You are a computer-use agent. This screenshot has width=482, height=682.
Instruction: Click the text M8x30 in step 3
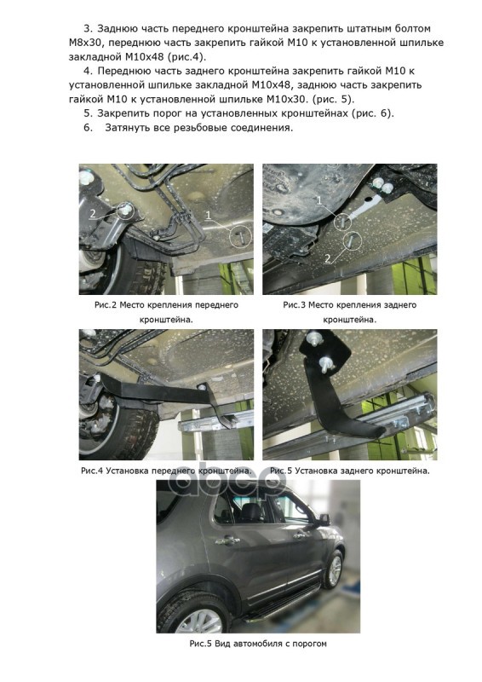84,43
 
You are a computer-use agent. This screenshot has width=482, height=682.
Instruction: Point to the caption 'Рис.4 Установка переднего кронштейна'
166,471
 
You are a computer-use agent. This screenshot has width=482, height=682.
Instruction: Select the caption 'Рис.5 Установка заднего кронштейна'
349,471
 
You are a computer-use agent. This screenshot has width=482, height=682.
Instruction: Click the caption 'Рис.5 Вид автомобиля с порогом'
258,644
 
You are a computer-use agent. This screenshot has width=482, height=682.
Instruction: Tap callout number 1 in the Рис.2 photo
208,215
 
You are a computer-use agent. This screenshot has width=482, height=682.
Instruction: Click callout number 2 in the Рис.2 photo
93,213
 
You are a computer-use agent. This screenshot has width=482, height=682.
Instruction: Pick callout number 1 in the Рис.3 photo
318,200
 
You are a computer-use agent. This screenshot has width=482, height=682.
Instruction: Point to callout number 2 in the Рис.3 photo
328,258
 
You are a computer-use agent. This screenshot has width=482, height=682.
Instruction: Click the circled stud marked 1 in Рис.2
240,237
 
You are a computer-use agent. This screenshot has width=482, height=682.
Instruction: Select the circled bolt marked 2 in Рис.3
352,240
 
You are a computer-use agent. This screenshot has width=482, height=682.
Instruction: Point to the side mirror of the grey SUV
324,519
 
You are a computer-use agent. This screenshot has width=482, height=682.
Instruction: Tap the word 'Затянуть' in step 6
127,128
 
